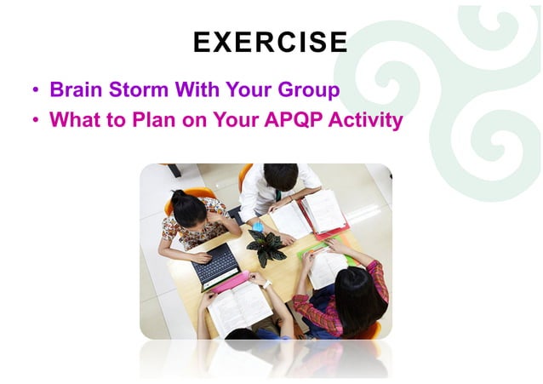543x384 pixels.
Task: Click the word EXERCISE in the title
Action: pyautogui.click(x=271, y=42)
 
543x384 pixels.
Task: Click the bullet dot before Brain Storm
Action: pyautogui.click(x=36, y=91)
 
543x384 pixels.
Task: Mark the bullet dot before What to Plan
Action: pyautogui.click(x=36, y=121)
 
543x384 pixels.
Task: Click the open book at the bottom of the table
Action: pyautogui.click(x=238, y=307)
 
